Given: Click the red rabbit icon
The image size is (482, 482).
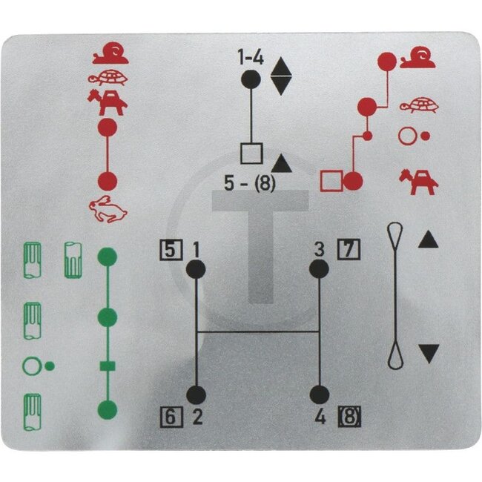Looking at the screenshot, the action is coord(108,209).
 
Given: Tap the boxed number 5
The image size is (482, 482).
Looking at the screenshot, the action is coord(171,250).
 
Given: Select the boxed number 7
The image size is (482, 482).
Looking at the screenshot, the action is coord(349,249).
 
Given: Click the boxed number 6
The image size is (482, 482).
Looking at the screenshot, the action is coord(171,417).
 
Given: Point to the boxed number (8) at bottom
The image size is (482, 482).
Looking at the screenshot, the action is coord(349,417).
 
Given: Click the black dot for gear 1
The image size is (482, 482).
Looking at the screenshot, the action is coord(196,269).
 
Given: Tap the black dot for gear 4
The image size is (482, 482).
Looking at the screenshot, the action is coord(320,394).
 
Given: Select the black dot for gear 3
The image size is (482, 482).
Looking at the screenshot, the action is coord(319,269).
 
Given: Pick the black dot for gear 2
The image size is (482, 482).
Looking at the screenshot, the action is coord(196,394).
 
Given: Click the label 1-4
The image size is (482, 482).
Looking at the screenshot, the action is coord(251,57).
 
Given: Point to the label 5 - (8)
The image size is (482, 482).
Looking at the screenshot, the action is coord(250,183).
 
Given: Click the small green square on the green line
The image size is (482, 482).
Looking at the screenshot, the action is coord(108,366).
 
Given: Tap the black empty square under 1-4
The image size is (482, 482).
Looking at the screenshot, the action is coord(252,153).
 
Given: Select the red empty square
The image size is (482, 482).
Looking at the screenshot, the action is coord(331,181).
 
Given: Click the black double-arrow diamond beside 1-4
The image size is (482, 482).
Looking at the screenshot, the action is coord(281,76).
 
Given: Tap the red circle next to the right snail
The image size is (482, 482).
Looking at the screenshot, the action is coord(387,61).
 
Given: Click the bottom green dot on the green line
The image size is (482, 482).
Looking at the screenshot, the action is coord(108,409).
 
